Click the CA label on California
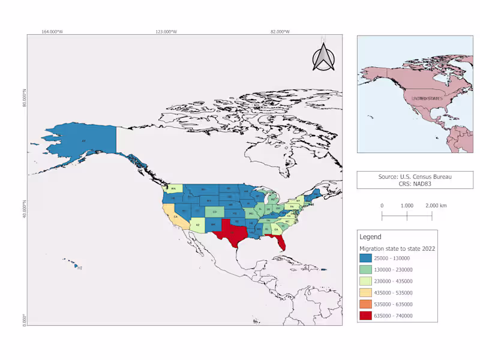(x=176, y=217)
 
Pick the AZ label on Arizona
(x=197, y=226)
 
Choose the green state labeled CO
(x=214, y=212)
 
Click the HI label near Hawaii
(x=80, y=268)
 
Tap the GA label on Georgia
(x=276, y=229)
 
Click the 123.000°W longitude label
(x=166, y=31)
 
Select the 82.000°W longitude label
(x=280, y=31)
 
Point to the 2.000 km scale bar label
(x=436, y=205)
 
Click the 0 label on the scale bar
(x=382, y=205)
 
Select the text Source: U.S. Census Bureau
(x=415, y=176)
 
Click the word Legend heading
(x=370, y=237)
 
